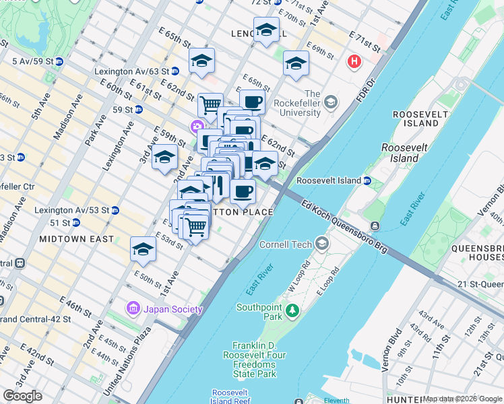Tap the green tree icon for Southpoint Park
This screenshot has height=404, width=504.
[292, 310]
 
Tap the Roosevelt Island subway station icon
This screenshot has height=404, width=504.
[367, 180]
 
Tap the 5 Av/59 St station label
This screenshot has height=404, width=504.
[31, 61]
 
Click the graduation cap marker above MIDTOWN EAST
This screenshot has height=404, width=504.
[143, 250]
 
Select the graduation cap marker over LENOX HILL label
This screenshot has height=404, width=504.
[267, 30]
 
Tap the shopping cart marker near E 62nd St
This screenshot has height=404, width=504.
[210, 104]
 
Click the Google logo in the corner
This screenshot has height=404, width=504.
[22, 396]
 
